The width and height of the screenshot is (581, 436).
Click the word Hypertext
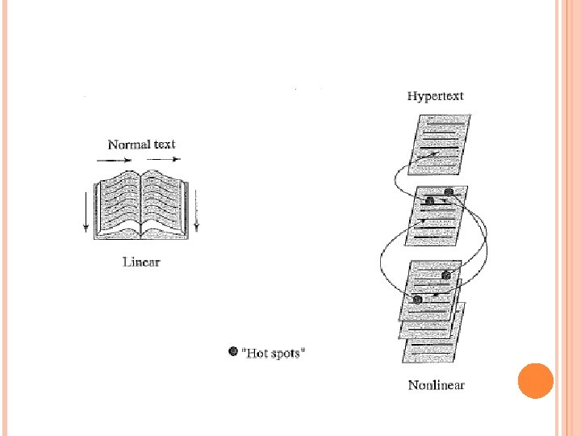pos(436,96)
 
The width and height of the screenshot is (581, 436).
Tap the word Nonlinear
pos(436,385)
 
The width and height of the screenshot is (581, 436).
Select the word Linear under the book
pos(141,262)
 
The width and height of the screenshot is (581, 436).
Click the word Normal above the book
pos(128,145)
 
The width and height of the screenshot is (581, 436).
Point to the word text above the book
pos(163,145)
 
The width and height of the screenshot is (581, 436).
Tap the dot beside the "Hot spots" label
pos(234,351)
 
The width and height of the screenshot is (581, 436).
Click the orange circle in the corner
pos(535,380)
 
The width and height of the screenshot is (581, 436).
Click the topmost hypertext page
pos(439,141)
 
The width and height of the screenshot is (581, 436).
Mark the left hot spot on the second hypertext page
pos(430,200)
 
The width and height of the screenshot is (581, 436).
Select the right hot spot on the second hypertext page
pos(449,192)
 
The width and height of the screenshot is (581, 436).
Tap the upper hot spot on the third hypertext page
pos(446,276)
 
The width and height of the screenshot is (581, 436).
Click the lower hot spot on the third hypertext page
pos(417,300)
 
